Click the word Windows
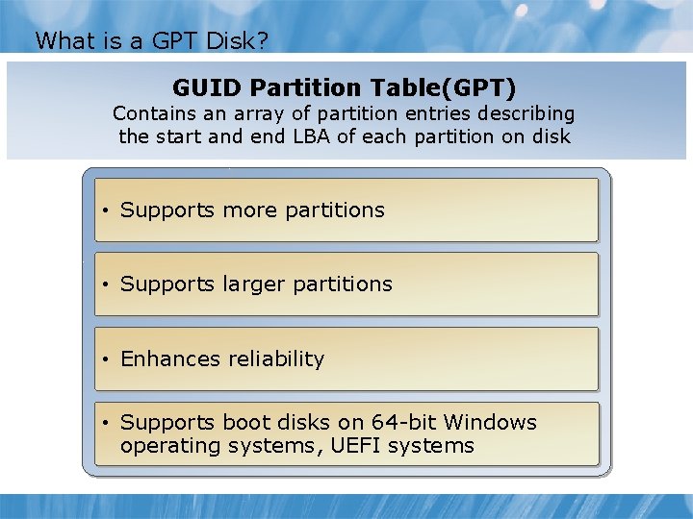pos(490,423)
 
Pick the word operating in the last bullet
pos(165,446)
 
